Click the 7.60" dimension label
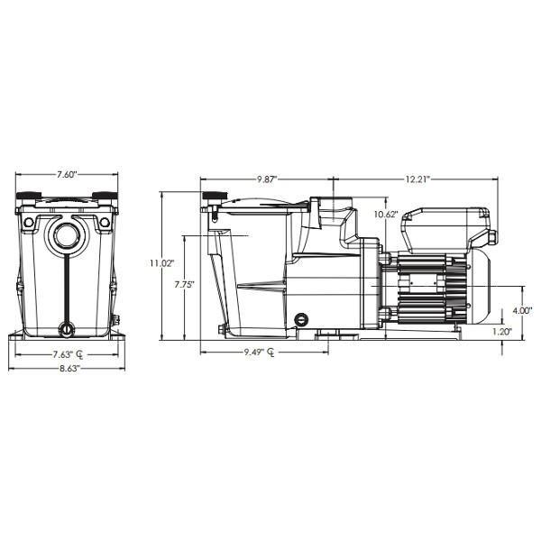tap(67, 174)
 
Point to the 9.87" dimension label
tap(267, 179)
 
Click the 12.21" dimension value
tap(417, 179)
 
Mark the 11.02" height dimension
tap(161, 263)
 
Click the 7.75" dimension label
tap(184, 285)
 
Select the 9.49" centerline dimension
tap(259, 353)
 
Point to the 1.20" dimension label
tap(502, 332)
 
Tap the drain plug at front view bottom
tap(67, 330)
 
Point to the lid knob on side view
tap(214, 197)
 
